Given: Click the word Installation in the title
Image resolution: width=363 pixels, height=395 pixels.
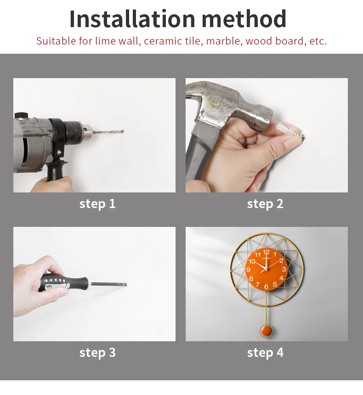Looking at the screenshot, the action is click(x=132, y=19).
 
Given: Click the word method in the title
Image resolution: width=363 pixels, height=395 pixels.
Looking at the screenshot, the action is click(x=244, y=19).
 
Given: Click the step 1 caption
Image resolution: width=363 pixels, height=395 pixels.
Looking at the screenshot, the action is click(x=97, y=204).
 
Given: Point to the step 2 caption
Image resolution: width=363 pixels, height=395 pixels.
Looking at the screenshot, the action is click(x=265, y=204).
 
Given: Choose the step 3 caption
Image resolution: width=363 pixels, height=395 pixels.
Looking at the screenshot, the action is click(x=97, y=352).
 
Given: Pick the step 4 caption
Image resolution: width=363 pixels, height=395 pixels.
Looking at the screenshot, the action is click(x=265, y=352).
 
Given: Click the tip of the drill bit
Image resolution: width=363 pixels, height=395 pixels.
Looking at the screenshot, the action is click(x=123, y=131).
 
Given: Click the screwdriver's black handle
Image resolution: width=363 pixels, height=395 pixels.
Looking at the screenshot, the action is click(x=64, y=283).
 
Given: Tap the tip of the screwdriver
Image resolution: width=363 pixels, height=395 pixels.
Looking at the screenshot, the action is click(x=125, y=285).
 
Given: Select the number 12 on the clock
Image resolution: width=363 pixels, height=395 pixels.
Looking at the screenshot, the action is click(x=266, y=252).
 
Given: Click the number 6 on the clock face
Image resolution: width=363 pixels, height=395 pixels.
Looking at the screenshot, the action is click(x=266, y=287).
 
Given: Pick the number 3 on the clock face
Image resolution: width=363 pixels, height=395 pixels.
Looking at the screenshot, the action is click(x=284, y=269).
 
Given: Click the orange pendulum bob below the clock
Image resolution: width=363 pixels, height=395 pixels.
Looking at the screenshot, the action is click(x=266, y=331).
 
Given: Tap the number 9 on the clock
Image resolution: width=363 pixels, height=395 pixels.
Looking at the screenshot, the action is click(x=248, y=270).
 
